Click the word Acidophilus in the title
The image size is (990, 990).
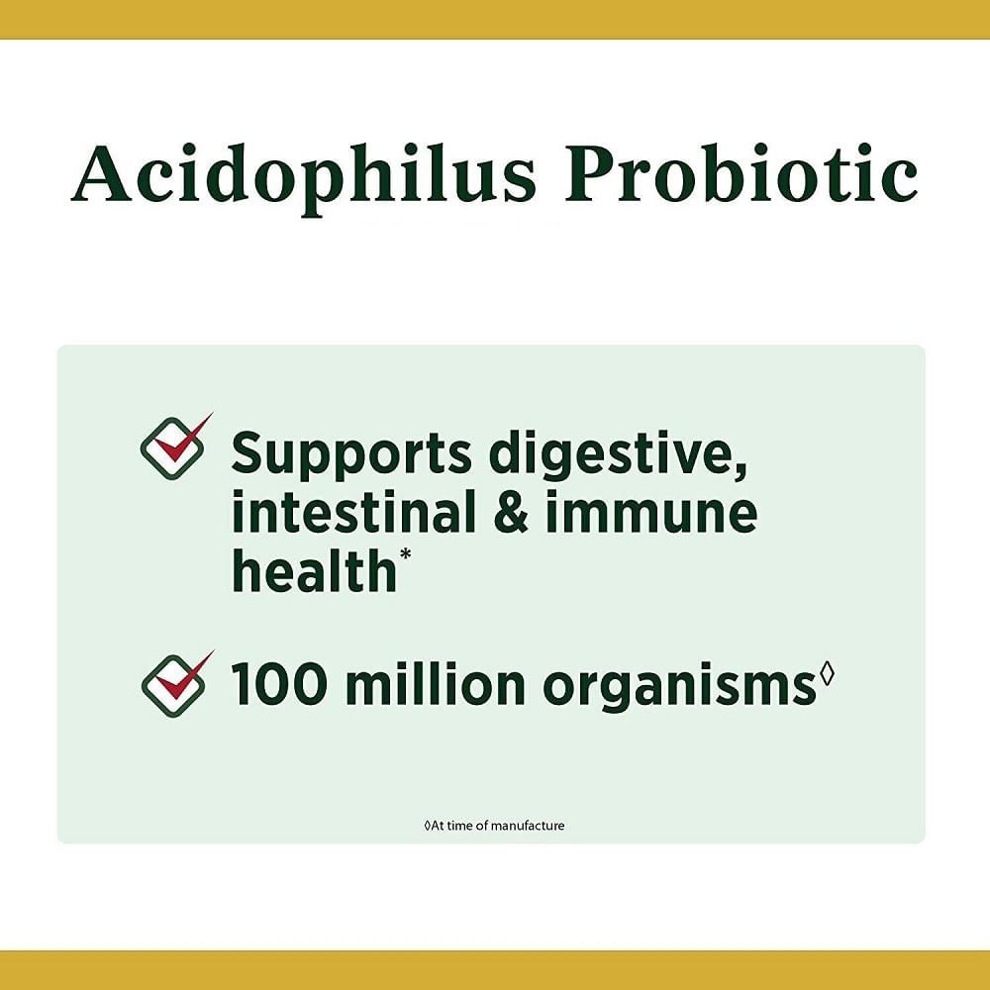[303, 174]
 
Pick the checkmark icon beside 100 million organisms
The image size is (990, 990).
[176, 683]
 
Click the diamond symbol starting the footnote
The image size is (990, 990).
[428, 826]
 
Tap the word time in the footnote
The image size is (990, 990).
[459, 826]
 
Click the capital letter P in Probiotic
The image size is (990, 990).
[594, 170]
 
